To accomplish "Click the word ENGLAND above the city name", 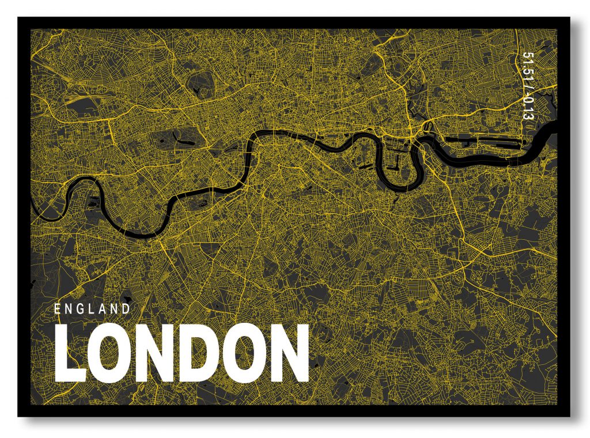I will (x=92, y=309).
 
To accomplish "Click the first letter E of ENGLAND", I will (x=58, y=309).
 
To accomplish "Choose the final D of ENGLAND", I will (x=126, y=309).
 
